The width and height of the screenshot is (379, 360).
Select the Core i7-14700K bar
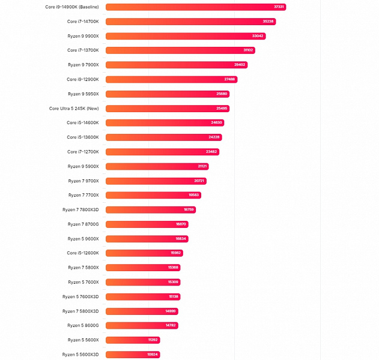pyautogui.click(x=190, y=22)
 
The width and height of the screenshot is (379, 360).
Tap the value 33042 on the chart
pyautogui.click(x=258, y=36)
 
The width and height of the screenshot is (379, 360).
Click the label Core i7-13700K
pyautogui.click(x=83, y=50)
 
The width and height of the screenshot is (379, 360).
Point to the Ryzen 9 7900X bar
pyautogui.click(x=177, y=65)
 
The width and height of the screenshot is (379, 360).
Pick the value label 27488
pyautogui.click(x=229, y=79)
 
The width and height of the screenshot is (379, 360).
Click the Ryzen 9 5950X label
pyautogui.click(x=83, y=94)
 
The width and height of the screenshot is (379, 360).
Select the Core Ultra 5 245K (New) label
pyautogui.click(x=74, y=109)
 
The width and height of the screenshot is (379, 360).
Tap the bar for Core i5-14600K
pyautogui.click(x=165, y=123)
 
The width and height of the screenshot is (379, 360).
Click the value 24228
pyautogui.click(x=214, y=137)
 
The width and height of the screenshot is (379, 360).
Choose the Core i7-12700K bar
pyautogui.click(x=162, y=152)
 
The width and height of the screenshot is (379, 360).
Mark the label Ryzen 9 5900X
pyautogui.click(x=83, y=166)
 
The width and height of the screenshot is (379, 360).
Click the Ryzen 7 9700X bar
pyautogui.click(x=157, y=181)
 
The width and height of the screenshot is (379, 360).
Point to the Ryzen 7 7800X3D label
pyautogui.click(x=80, y=210)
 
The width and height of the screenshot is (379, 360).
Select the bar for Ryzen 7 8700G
pyautogui.click(x=148, y=224)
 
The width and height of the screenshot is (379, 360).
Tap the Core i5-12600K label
pyautogui.click(x=83, y=253)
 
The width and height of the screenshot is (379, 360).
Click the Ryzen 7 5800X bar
pyautogui.click(x=143, y=268)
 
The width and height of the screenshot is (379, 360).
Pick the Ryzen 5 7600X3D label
pyautogui.click(x=80, y=296)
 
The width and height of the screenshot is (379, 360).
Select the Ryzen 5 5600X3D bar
pyautogui.click(x=133, y=355)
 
